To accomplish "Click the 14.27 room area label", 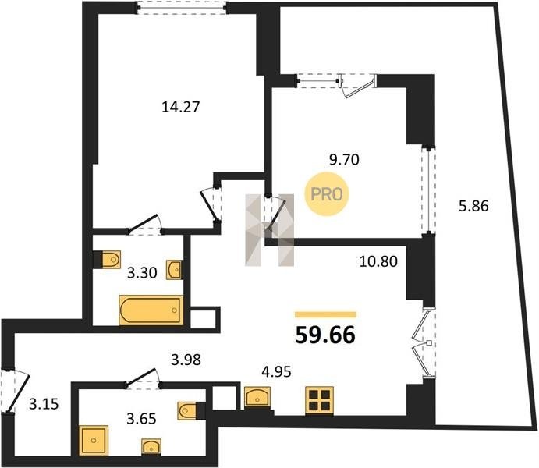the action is pos(180,107).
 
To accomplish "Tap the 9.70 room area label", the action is pos(344,160).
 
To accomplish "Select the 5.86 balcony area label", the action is pos(473,206).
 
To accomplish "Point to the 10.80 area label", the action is pos(378,261).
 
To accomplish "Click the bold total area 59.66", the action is pos(325,335).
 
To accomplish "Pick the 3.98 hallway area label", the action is pos(186,360).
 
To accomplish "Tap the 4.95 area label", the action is pos(276,371).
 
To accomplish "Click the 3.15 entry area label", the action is pos(44,404).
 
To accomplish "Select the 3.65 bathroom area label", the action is pos(141,419).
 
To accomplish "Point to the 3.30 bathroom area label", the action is pos(142,273).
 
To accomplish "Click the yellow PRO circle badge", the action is pos(327,194).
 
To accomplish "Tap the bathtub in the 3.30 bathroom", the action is pos(151,310).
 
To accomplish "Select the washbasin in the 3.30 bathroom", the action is pos(175,270).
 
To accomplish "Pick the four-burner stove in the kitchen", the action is pos(319,400).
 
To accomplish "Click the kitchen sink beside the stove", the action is pos(257,396).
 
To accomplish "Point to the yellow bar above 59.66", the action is pos(325,314).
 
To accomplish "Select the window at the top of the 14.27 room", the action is pos(182,8).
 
